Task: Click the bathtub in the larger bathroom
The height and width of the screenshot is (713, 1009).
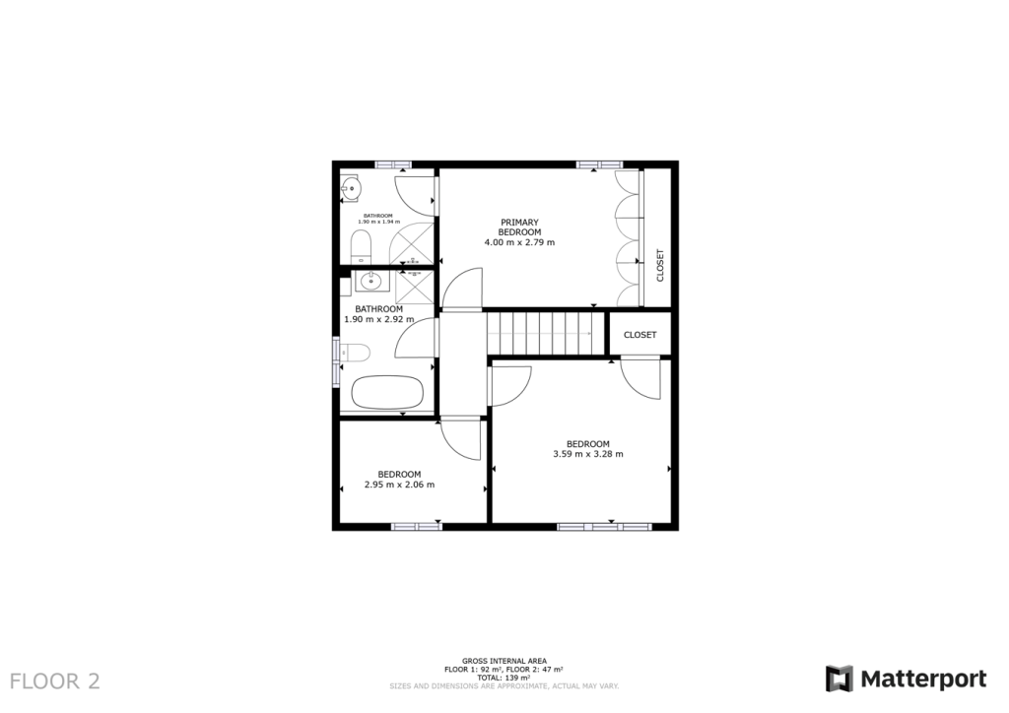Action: coord(387,393)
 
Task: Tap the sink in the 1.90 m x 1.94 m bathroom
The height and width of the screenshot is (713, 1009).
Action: coord(352,187)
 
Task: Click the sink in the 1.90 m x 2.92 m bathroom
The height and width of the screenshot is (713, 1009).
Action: coord(370,282)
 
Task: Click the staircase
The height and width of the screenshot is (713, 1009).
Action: coord(545,332)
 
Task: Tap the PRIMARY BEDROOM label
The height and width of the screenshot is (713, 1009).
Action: coord(519,227)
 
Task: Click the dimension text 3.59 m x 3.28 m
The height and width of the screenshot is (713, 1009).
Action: coord(588,454)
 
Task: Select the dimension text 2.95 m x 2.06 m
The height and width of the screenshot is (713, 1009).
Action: coord(399,485)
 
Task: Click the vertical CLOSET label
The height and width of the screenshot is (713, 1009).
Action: coord(660,264)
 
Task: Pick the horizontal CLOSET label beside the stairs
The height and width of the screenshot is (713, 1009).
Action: coord(639,335)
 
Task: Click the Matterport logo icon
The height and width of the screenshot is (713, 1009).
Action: coord(839,679)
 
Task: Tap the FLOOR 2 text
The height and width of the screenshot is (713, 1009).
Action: coord(54,681)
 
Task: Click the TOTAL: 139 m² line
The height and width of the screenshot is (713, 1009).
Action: coord(504,678)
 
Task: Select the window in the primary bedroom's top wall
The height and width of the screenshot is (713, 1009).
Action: coord(600,163)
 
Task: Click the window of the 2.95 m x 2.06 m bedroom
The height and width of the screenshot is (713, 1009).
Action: coord(416,527)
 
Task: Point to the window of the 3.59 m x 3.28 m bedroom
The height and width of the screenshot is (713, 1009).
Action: coord(604,527)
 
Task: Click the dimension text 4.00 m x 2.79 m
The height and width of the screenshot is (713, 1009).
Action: coord(519,242)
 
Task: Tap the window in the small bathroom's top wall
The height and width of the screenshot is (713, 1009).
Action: coord(393,163)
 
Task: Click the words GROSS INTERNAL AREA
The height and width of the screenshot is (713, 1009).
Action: coord(504,661)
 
